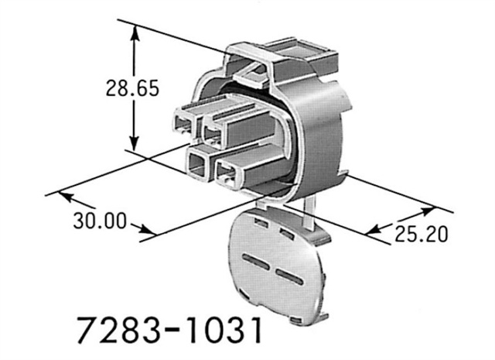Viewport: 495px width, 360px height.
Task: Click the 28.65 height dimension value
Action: [x=133, y=87]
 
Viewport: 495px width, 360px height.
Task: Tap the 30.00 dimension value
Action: [x=100, y=221]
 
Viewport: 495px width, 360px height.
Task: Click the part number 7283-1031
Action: [x=166, y=330]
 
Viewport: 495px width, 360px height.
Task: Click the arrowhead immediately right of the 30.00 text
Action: [x=151, y=231]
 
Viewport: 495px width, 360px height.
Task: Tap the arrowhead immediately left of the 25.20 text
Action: [x=371, y=231]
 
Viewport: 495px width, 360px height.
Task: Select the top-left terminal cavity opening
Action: [x=183, y=122]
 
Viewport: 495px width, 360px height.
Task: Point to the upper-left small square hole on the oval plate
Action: [x=261, y=223]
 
